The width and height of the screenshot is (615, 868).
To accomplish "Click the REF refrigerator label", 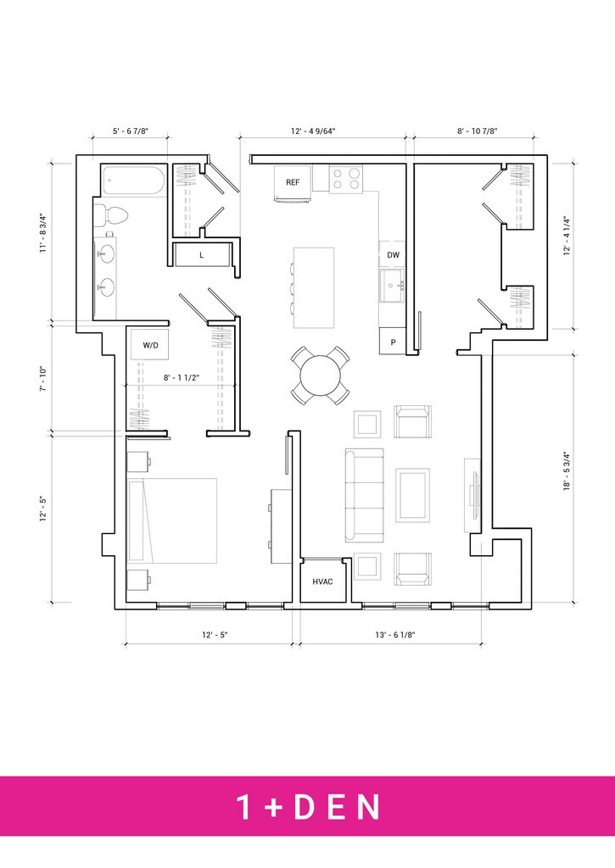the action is tap(293, 182).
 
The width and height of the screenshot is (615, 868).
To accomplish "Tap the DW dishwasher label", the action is tap(394, 255).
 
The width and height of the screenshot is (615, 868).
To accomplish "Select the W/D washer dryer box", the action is tap(150, 344).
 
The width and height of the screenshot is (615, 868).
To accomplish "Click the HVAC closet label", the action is tap(322, 581).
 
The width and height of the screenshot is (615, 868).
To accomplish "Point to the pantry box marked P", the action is tap(393, 341).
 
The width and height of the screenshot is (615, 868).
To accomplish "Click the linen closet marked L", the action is tap(202, 255).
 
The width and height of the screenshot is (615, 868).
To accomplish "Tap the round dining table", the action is tap(321, 376).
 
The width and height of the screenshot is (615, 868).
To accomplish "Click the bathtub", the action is tap(133, 180).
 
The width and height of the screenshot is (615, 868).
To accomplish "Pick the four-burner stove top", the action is tap(346, 179).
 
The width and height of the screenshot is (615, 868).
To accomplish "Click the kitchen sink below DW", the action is tap(392, 286).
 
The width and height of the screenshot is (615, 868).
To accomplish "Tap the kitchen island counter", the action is tap(314, 288).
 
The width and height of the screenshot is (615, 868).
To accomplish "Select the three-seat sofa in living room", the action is tap(364, 495).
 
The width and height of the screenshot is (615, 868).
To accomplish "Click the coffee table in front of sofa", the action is tap(412, 495).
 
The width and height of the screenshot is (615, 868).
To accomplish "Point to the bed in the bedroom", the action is tap(171, 521).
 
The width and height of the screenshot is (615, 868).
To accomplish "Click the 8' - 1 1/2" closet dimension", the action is tap(182, 377).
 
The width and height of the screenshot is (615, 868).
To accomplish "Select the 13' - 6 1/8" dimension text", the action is tap(395, 635).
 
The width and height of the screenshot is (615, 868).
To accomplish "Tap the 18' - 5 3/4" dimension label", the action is tap(567, 472).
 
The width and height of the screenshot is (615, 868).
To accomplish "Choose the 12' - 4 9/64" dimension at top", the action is tap(313, 131).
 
